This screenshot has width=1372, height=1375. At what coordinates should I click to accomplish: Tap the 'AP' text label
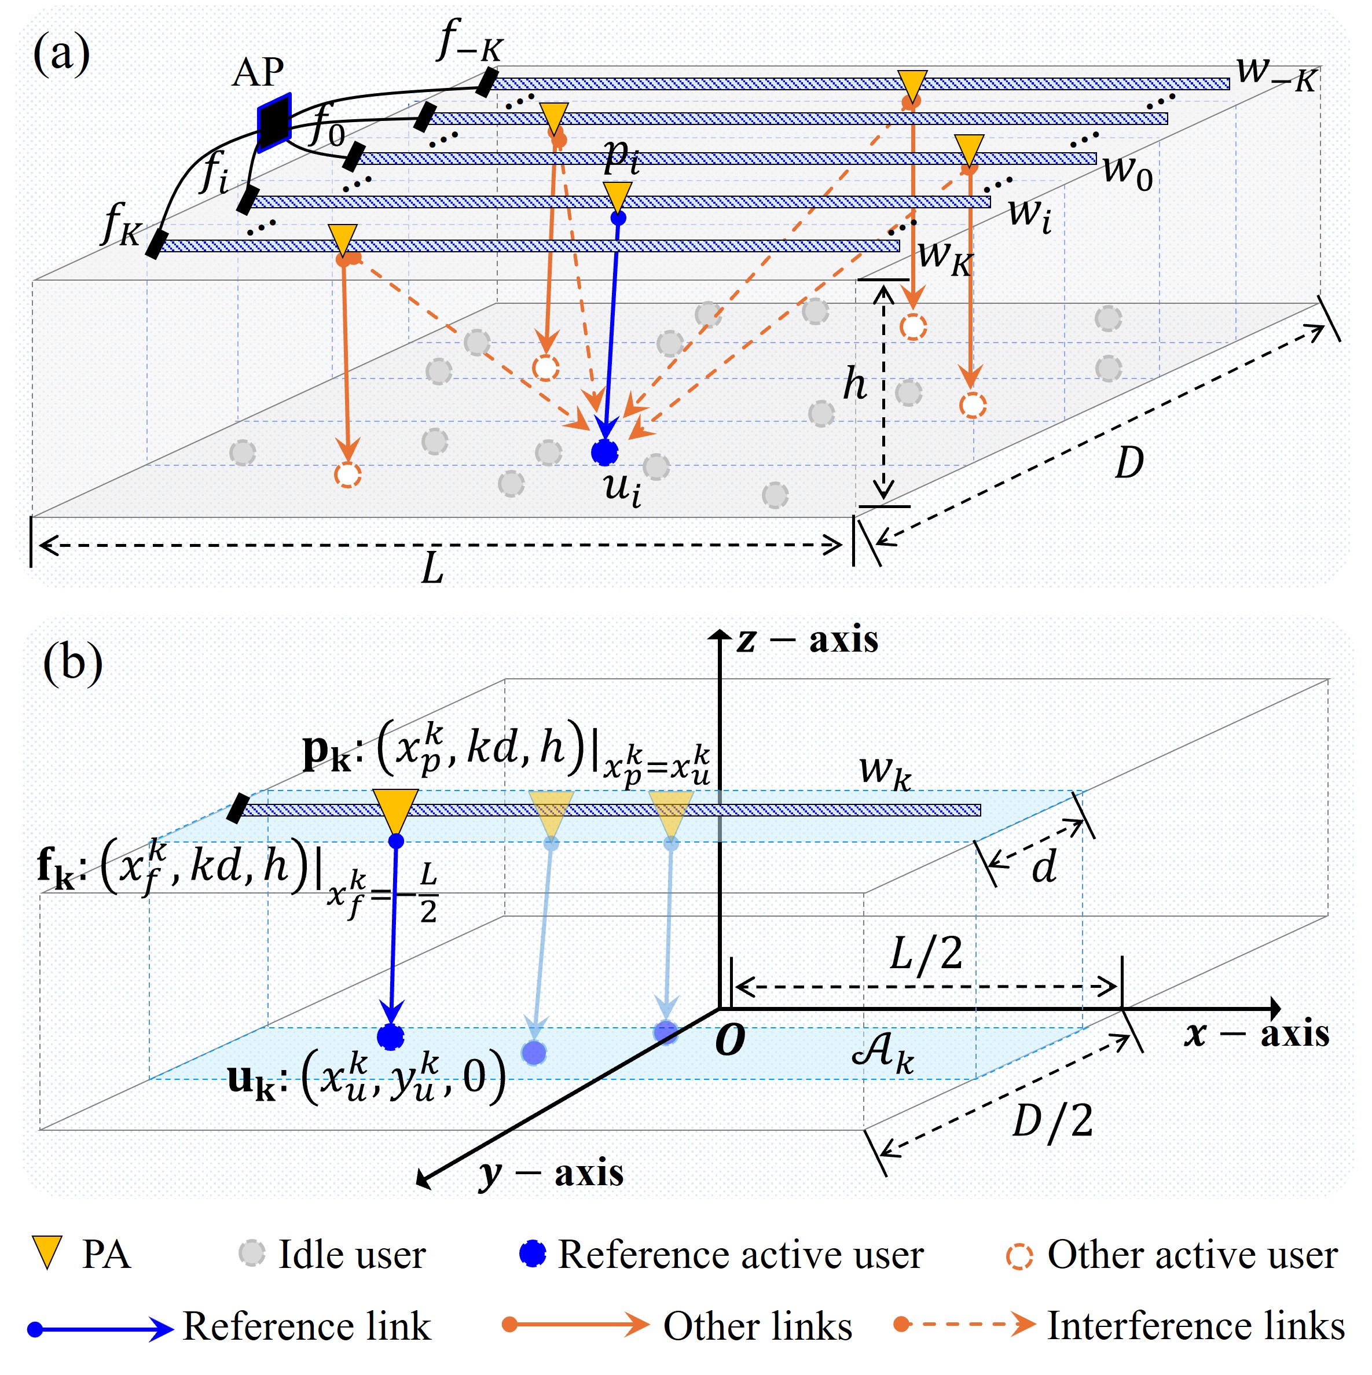(x=258, y=72)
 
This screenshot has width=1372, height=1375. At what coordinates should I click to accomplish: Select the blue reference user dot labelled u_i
(x=604, y=452)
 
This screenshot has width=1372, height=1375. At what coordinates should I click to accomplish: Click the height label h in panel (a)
(x=854, y=384)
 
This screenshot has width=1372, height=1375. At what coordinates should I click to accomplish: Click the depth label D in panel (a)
(x=1128, y=462)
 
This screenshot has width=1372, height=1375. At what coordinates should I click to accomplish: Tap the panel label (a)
(x=61, y=54)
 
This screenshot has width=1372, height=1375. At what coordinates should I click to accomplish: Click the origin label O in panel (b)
(x=730, y=1041)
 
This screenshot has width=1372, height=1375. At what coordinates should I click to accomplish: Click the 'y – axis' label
(x=552, y=1173)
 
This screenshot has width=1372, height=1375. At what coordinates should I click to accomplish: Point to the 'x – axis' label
(x=1257, y=1034)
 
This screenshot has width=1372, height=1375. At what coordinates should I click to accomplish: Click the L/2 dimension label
(x=926, y=954)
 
